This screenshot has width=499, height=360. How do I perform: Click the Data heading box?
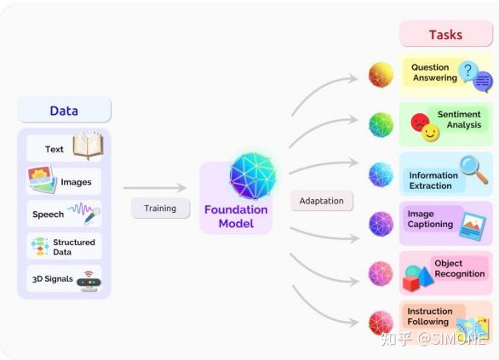(x=64, y=110)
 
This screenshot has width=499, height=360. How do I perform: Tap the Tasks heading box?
(x=445, y=35)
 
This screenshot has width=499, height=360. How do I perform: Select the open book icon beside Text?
(x=87, y=146)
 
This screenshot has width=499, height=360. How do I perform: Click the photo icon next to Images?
(x=42, y=180)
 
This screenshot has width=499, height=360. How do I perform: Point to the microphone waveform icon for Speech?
(x=84, y=213)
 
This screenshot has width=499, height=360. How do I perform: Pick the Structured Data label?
(x=74, y=247)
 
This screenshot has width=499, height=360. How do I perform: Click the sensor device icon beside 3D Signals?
(x=88, y=280)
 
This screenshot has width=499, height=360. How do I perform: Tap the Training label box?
(x=160, y=208)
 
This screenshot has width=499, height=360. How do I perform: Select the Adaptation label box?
(x=322, y=201)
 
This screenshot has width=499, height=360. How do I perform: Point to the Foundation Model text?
(x=236, y=216)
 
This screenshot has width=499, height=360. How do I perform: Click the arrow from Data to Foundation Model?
(x=154, y=188)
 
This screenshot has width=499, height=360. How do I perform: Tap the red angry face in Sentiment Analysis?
(x=420, y=123)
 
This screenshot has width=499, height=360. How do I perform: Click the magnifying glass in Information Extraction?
(x=473, y=169)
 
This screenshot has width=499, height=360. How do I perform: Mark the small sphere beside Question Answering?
(x=381, y=75)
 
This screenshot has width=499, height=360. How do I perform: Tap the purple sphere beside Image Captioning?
(x=381, y=224)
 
